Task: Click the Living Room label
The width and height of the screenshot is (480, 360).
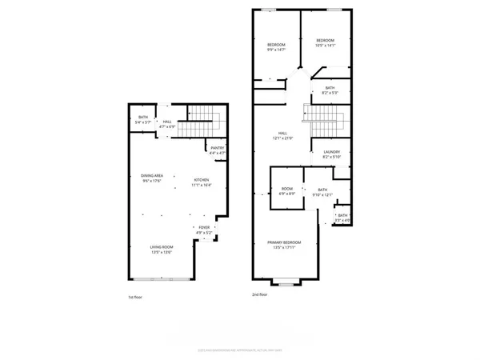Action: [x=162, y=249]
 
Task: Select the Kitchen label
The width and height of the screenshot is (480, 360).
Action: [x=201, y=180]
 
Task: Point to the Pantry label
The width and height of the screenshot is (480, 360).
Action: [x=218, y=148]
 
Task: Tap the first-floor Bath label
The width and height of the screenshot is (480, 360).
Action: [x=143, y=118]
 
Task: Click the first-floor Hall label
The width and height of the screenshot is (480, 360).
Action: [x=167, y=122]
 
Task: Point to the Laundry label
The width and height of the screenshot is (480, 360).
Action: [x=332, y=152]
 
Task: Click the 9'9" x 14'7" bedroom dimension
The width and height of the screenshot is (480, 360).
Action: [x=276, y=49]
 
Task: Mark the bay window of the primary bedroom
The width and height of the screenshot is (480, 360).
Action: [x=286, y=282]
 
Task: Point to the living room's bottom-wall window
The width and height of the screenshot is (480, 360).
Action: [x=162, y=278]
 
